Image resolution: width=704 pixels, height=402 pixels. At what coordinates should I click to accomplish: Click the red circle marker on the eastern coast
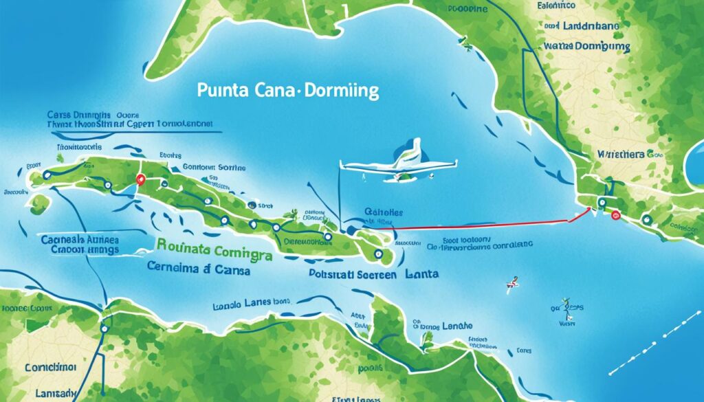[x=615, y=215]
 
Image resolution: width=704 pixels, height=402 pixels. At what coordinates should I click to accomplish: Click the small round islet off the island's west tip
[x=39, y=203]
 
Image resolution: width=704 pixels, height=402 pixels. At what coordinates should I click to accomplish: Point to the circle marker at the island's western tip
[x=46, y=175]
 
